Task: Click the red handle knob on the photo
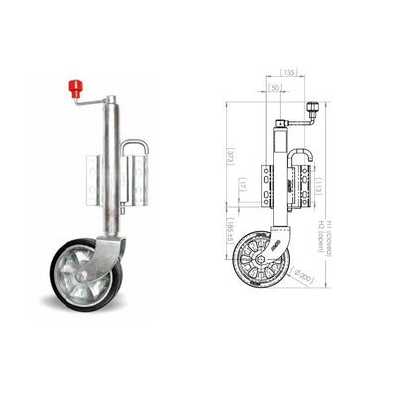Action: [74, 87]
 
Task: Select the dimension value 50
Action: [275, 89]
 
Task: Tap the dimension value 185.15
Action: [229, 237]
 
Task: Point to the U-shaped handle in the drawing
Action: [297, 169]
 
